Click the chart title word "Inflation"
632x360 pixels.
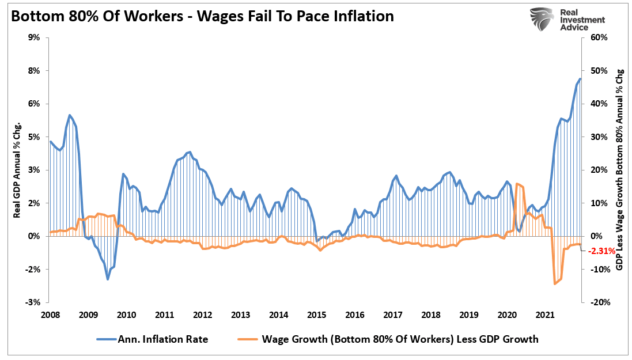tap(360, 16)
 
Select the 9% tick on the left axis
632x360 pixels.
tap(32, 37)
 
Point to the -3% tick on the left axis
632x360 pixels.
tap(31, 302)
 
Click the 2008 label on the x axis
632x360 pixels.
tap(50, 315)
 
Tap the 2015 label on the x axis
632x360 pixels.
tap(316, 315)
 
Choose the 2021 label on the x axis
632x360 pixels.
tap(545, 315)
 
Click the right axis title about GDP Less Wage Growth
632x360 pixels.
tap(620, 170)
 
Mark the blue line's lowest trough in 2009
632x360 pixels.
tap(108, 279)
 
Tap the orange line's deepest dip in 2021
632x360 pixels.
tap(555, 283)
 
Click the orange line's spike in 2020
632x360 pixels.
tap(517, 184)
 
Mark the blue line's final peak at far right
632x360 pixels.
tap(580, 79)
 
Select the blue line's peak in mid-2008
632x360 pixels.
tap(69, 115)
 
